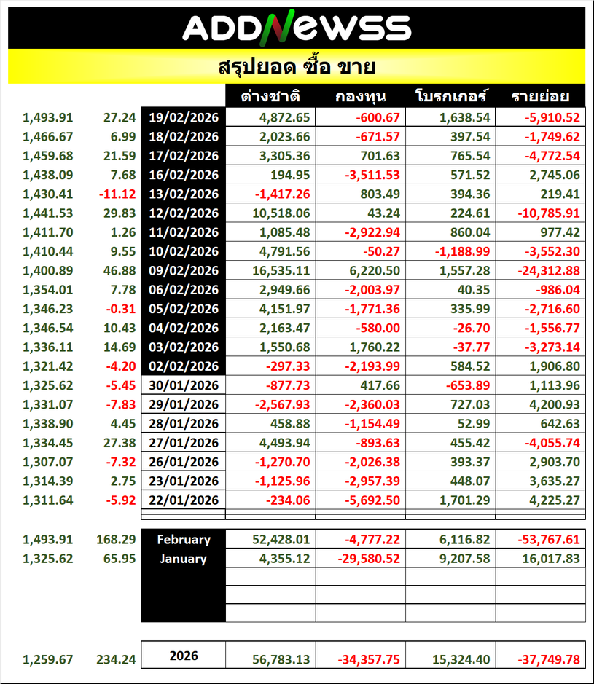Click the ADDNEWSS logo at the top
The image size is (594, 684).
click(x=297, y=28)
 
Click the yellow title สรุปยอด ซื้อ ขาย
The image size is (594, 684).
click(x=297, y=67)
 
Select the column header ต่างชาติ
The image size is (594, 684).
click(x=271, y=96)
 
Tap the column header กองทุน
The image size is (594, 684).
click(x=360, y=96)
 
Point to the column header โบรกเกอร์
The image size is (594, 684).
click(x=450, y=96)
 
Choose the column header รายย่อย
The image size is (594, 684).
click(x=540, y=96)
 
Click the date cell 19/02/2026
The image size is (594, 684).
click(x=184, y=117)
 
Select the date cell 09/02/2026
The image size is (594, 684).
click(x=184, y=270)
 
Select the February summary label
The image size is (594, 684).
click(x=184, y=540)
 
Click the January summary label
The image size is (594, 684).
click(x=184, y=559)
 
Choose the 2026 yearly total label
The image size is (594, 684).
click(x=184, y=656)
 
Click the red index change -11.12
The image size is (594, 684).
click(x=117, y=194)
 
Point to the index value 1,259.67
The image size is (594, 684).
click(x=48, y=659)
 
